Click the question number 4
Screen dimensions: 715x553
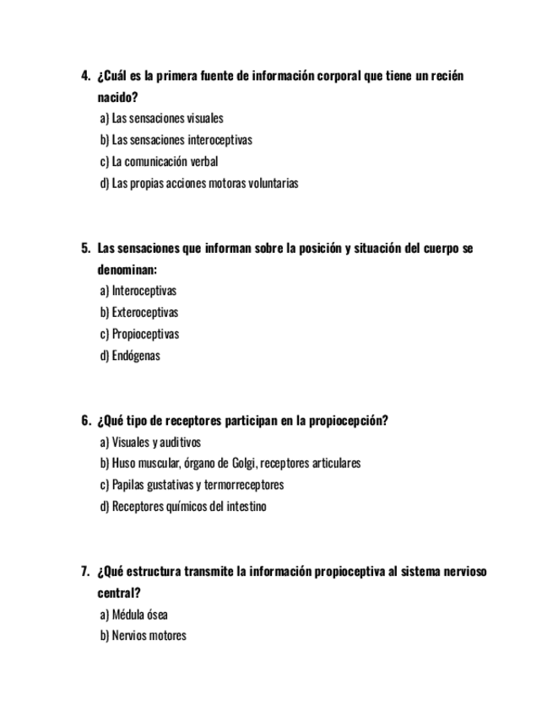click(85, 76)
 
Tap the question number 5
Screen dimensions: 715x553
click(85, 248)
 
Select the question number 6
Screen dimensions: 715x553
click(85, 421)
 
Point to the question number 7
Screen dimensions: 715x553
click(85, 572)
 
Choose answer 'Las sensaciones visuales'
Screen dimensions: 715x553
click(161, 119)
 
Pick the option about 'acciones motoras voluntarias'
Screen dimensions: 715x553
click(199, 183)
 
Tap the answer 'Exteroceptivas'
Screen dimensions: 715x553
click(139, 313)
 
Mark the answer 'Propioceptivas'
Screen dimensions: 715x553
click(139, 334)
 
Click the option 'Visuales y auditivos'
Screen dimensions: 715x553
click(150, 442)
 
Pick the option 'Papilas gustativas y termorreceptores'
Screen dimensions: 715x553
click(192, 485)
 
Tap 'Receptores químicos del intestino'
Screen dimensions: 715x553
click(183, 507)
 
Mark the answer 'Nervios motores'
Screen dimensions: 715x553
click(143, 636)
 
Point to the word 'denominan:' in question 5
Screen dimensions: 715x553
click(127, 270)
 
